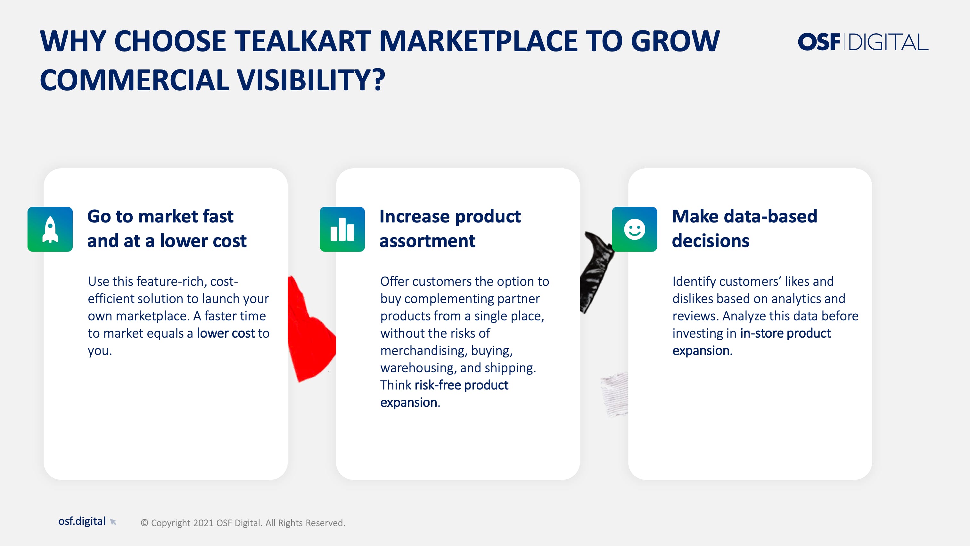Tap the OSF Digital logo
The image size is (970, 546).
point(863,42)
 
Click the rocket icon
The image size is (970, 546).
point(50,229)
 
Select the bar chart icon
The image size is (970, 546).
point(342,229)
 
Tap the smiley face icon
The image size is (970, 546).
point(635,229)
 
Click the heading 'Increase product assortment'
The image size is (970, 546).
point(450,229)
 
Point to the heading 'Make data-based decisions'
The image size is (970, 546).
point(744,229)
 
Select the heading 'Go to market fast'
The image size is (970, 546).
point(160,216)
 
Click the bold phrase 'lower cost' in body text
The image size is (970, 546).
point(226,333)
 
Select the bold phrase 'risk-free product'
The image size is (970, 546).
point(461,385)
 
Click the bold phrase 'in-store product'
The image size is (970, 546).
point(785,333)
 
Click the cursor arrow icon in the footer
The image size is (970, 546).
point(113,522)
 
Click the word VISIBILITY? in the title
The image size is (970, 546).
point(311,80)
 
